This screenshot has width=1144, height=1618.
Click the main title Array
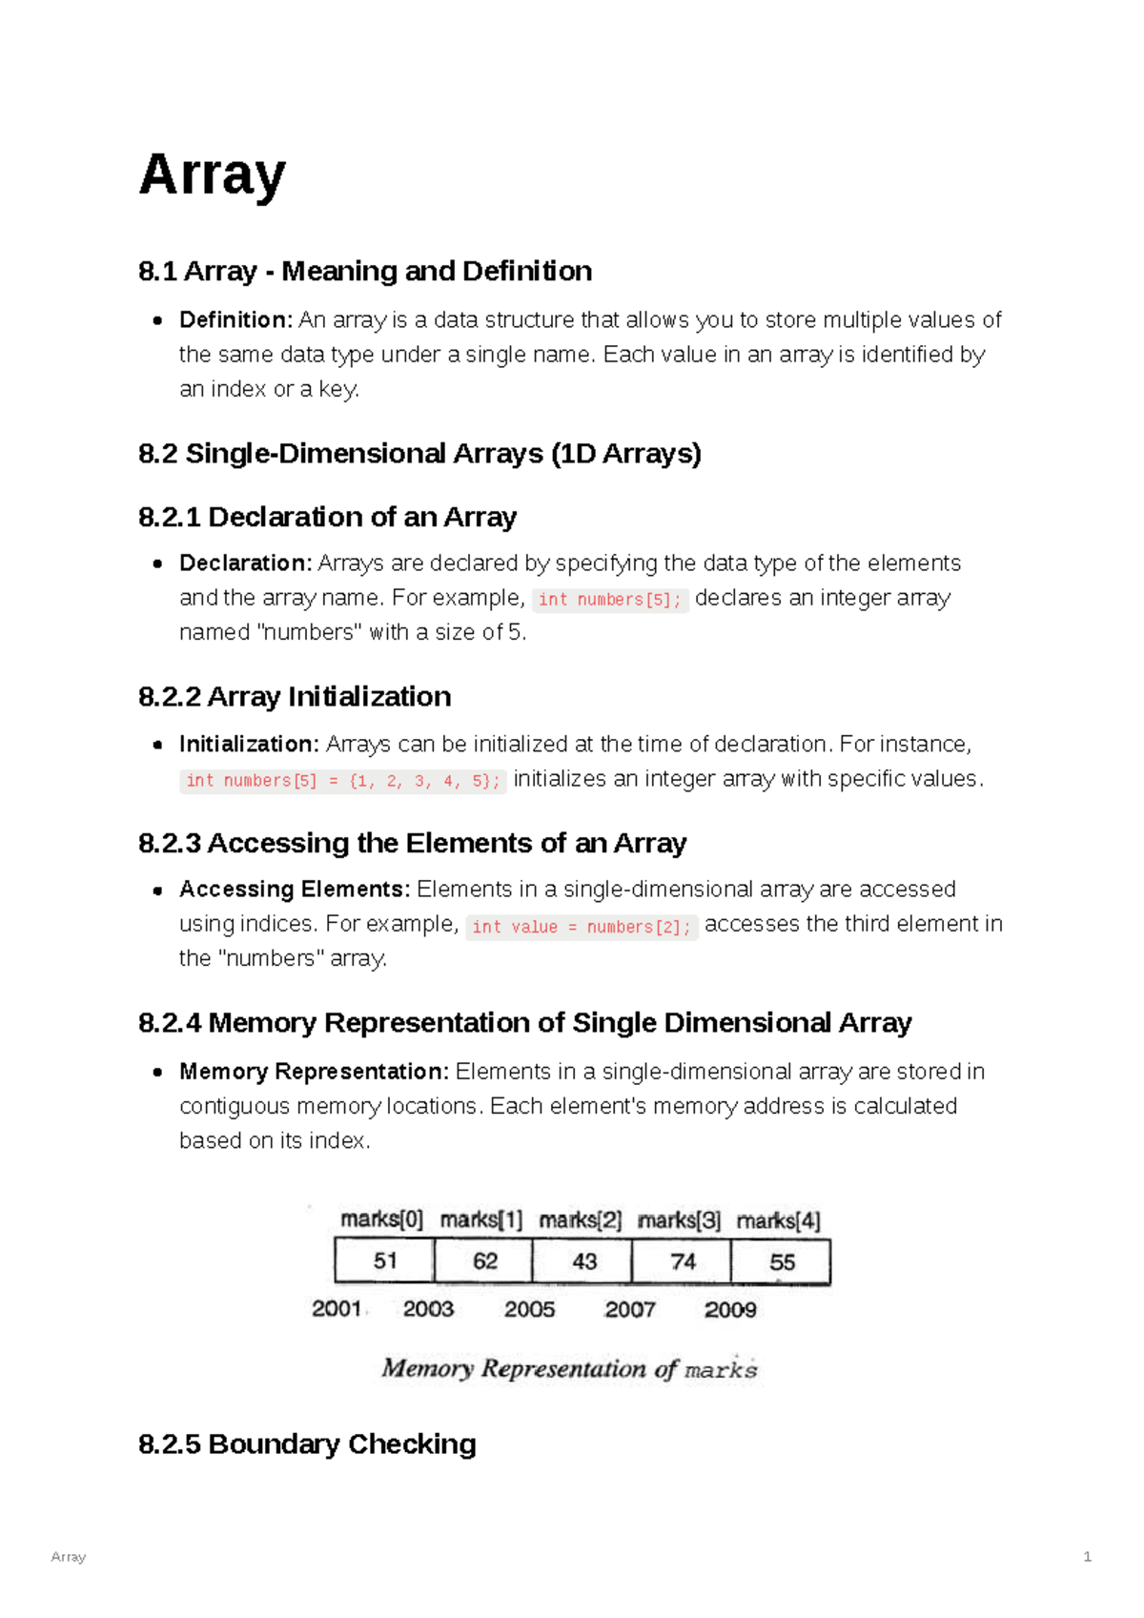(x=212, y=174)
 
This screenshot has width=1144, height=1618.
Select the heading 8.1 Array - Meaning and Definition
(x=364, y=272)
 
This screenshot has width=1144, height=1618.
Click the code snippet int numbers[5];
(x=609, y=600)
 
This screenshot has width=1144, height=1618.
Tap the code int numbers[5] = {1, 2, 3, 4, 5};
(x=342, y=781)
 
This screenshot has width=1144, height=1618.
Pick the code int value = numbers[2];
(x=582, y=927)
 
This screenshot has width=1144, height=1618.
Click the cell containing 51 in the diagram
(x=384, y=1261)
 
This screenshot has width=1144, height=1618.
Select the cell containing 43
(x=583, y=1261)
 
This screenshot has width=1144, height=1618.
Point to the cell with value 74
(x=683, y=1261)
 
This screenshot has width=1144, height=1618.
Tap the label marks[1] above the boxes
(x=481, y=1219)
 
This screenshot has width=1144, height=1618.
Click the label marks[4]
(x=779, y=1220)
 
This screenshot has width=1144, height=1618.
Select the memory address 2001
(x=337, y=1309)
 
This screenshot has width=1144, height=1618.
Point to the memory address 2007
(x=629, y=1310)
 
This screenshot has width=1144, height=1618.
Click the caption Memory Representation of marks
(x=569, y=1369)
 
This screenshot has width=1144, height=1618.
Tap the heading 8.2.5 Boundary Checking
(x=307, y=1444)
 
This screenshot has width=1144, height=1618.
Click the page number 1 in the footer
(x=1087, y=1557)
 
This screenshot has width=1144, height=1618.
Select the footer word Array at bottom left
(x=68, y=1557)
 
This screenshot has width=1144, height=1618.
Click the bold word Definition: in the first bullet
(x=235, y=320)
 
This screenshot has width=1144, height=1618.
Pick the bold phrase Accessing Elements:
(x=295, y=890)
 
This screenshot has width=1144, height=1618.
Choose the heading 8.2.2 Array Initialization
(x=295, y=697)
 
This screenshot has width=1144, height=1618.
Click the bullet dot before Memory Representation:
(x=158, y=1073)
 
